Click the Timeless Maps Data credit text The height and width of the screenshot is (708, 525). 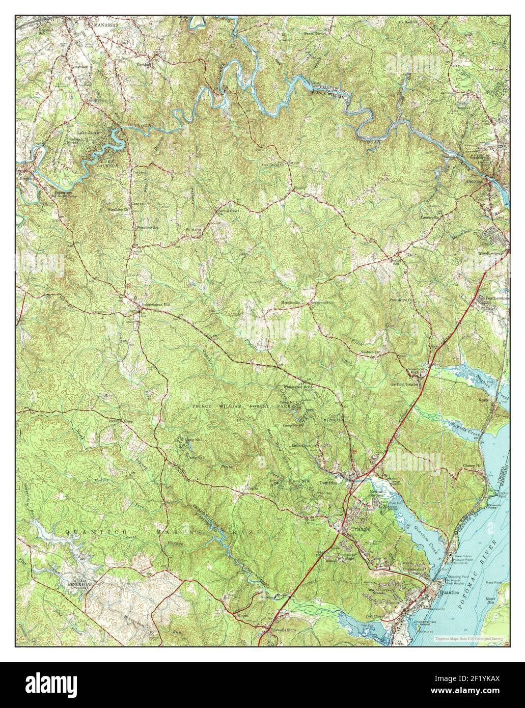(x=468, y=638)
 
